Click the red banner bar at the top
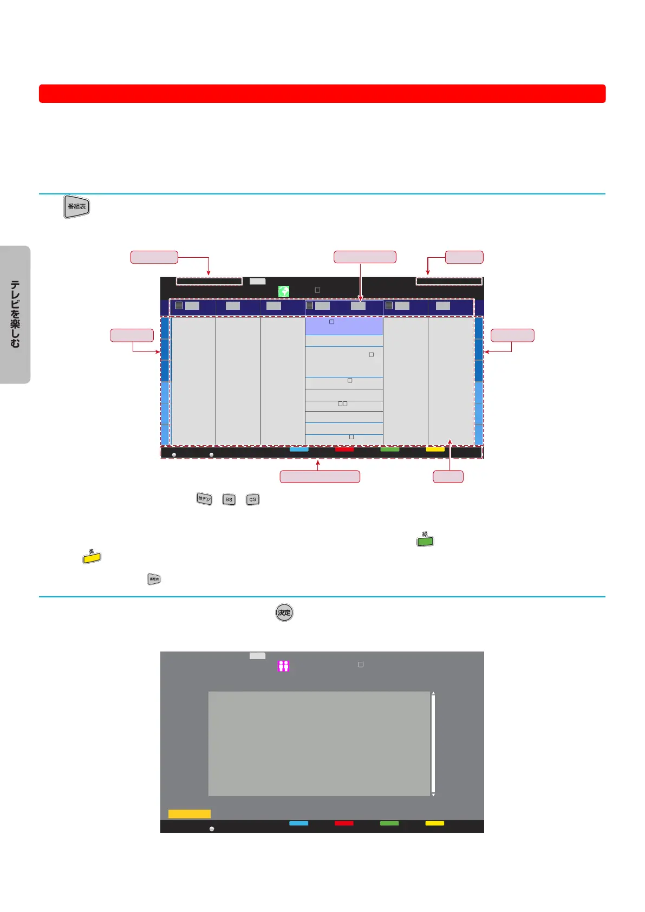pos(322,94)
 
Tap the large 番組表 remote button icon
pos(77,206)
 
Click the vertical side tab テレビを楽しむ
pos(15,315)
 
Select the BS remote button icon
pos(229,499)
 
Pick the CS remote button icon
pos(252,499)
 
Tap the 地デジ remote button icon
pos(204,499)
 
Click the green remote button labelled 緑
pos(425,541)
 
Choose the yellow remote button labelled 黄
pos(92,557)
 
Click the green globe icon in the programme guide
pos(283,291)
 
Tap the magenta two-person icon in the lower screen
pos(283,666)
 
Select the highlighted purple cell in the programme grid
pos(344,326)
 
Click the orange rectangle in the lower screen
pos(189,814)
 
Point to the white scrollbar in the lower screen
pos(433,744)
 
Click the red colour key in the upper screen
pos(344,449)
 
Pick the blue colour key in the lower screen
pos(298,823)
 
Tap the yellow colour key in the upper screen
pos(435,449)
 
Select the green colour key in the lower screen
pos(389,823)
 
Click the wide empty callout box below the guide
pos(320,477)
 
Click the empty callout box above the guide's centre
pos(365,257)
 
